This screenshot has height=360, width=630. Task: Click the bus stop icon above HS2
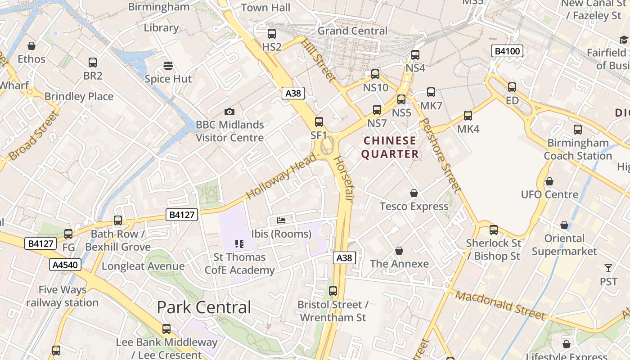coord(271,33)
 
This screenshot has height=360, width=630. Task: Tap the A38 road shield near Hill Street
coord(293,93)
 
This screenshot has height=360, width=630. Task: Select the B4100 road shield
coord(507,51)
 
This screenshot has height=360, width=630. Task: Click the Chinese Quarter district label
coord(390,147)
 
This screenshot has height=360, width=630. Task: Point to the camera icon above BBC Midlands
coord(229,112)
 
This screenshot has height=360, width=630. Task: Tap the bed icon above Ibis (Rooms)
coord(281,220)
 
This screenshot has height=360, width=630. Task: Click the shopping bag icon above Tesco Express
coord(414,193)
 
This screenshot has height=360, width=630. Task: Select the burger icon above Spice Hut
coord(168,66)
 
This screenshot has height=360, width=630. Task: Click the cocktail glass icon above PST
coord(608,268)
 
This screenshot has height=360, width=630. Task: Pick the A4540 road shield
coord(66,265)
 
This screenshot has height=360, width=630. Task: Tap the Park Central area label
coord(204,307)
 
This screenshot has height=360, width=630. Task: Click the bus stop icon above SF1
coord(319,121)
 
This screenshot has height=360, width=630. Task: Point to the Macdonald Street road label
coord(499,305)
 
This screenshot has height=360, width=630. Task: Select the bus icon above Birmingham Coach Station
coord(578,130)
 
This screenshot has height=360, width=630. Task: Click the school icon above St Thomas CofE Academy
coord(239,244)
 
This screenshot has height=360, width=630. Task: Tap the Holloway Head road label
coord(282,175)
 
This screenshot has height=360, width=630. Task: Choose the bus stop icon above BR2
coord(93,63)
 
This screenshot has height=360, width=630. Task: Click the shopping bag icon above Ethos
coord(31,46)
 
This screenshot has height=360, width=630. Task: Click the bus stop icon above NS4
coord(415,55)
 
